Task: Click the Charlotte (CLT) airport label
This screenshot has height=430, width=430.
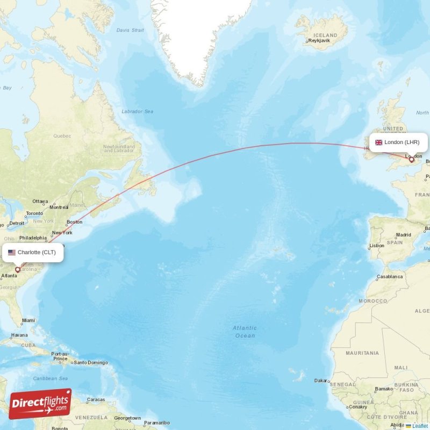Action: click(35, 252)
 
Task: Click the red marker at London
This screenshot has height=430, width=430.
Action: click(412, 159)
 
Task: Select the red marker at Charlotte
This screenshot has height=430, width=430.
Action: click(18, 270)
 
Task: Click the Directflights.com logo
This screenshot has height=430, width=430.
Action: click(40, 404)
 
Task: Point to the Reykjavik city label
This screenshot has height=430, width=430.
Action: click(318, 41)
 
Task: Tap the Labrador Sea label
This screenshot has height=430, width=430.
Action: click(137, 111)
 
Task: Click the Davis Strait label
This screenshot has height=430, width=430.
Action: click(130, 30)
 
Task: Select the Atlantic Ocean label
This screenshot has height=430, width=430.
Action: click(245, 332)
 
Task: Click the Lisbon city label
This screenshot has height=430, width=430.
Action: click(377, 246)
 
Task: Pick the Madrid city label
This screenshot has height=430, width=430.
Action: click(403, 235)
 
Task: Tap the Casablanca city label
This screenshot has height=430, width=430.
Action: click(390, 276)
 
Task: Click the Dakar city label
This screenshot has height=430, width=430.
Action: click(321, 381)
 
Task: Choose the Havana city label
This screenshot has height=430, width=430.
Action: click(19, 335)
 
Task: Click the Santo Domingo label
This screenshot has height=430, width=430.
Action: click(90, 362)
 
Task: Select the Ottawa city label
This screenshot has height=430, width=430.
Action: click(40, 202)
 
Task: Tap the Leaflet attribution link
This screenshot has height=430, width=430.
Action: click(420, 426)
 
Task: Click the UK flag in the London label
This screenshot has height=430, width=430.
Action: click(378, 142)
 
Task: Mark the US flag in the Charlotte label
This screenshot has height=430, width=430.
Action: click(12, 252)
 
